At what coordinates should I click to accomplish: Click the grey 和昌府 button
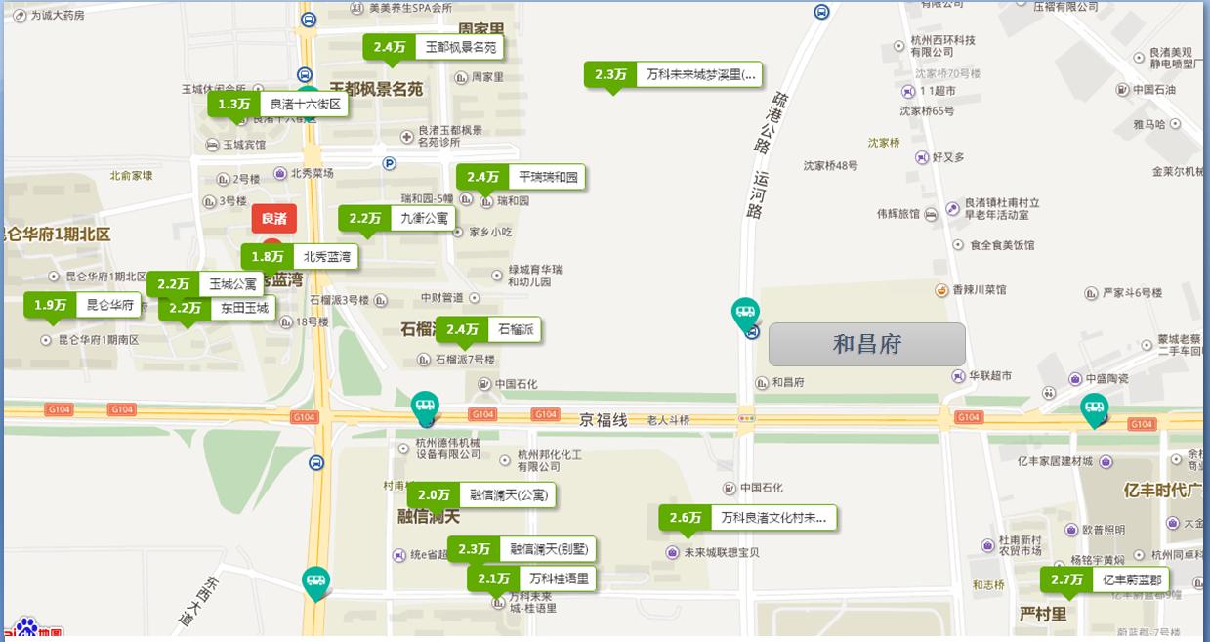coord(866,344)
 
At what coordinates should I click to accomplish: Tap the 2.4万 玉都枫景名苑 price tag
coord(434,47)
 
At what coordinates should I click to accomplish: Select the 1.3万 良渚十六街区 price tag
coord(278,104)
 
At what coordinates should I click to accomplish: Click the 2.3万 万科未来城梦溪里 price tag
coord(673,74)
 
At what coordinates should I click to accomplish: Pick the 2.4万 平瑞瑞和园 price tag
coord(521,177)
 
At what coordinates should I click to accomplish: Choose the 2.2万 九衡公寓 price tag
coord(396,219)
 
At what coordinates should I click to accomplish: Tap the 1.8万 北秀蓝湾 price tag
coord(299,257)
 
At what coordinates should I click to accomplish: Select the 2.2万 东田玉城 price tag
coord(216,308)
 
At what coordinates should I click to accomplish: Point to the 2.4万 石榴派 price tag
coord(487,329)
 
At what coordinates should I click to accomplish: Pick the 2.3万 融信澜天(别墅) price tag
coord(522,549)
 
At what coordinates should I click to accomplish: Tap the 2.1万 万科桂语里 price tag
coord(531,578)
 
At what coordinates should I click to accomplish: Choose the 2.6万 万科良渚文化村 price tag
coord(747,518)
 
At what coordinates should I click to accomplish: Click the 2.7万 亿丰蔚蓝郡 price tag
coord(1104,579)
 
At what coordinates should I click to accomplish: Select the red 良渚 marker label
coord(273,219)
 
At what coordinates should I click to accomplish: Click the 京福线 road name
coord(603,420)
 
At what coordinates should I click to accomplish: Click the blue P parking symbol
coord(389,164)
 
